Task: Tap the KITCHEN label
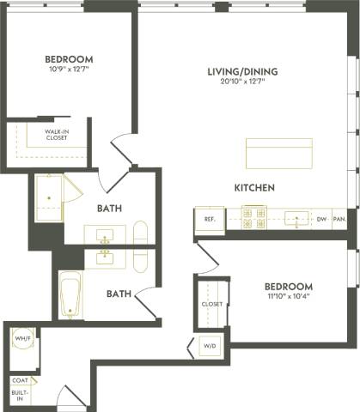(x=253, y=187)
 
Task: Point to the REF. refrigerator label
(x=209, y=220)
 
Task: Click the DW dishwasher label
(x=321, y=220)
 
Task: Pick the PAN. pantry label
(x=339, y=220)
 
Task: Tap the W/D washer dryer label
(x=209, y=347)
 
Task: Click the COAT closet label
(x=20, y=380)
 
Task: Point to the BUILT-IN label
(x=20, y=395)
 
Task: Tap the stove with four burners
(x=254, y=219)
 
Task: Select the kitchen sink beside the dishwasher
(x=296, y=219)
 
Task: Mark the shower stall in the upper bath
(x=51, y=198)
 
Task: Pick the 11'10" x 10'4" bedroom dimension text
(x=288, y=296)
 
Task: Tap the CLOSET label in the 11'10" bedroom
(x=212, y=304)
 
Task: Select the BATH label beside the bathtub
(x=119, y=294)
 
